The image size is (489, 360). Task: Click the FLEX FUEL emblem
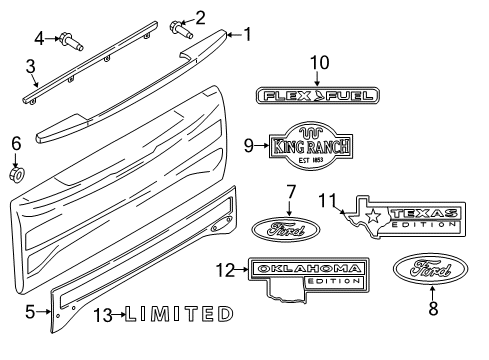coord(318,96)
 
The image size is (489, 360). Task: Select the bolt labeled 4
coord(69,42)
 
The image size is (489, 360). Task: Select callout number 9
coord(250,146)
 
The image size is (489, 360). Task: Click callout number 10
coord(319,63)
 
